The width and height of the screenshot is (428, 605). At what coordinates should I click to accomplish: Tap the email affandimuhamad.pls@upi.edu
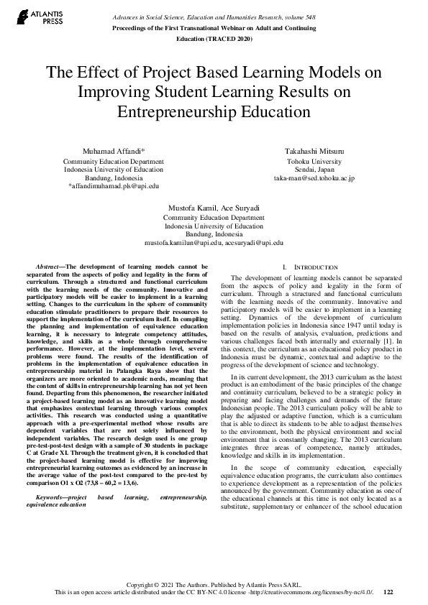(114, 185)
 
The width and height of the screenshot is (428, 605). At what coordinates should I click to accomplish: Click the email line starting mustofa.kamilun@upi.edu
(214, 243)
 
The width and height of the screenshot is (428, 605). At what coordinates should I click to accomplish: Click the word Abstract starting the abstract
(50, 267)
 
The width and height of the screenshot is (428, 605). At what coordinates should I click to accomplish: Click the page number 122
(388, 592)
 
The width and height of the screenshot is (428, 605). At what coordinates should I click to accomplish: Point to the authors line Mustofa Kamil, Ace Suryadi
(214, 208)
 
